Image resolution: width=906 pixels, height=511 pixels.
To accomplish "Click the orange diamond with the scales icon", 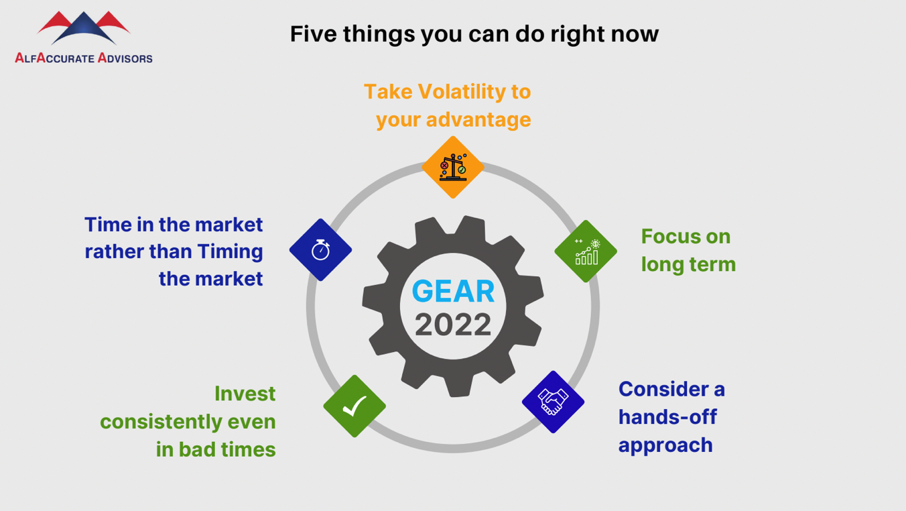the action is click(x=453, y=167).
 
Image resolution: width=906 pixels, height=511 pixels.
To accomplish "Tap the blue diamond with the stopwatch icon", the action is click(x=320, y=250).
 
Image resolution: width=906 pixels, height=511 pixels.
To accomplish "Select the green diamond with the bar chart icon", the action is click(x=586, y=251).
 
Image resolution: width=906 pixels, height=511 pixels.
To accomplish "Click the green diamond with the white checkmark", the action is click(x=354, y=406).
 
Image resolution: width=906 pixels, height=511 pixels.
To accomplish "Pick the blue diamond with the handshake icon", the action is click(x=553, y=402).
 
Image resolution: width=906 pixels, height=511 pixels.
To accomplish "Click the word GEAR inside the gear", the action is click(x=453, y=291).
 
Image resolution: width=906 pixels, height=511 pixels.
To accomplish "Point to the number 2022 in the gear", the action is click(x=453, y=325).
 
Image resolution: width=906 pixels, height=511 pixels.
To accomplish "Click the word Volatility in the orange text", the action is click(x=461, y=91).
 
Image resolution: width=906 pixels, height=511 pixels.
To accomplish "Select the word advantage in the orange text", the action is click(x=478, y=120).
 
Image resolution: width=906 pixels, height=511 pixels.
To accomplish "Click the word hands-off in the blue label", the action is click(x=667, y=416).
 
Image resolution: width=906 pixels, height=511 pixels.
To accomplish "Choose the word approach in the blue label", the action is click(x=665, y=446).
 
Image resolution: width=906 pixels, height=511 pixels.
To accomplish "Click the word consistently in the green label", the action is click(x=161, y=422).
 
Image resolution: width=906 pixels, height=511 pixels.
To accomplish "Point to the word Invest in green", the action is click(x=245, y=394).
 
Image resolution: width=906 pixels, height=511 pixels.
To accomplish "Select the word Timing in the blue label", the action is click(x=230, y=252).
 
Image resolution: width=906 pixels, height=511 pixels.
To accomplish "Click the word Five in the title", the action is click(x=314, y=34).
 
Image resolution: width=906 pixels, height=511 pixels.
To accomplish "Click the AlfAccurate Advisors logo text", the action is click(x=84, y=58).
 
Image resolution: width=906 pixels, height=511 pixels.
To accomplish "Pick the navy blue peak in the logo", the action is click(x=84, y=27).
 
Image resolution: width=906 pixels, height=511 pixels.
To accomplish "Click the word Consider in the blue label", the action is click(x=663, y=389).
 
